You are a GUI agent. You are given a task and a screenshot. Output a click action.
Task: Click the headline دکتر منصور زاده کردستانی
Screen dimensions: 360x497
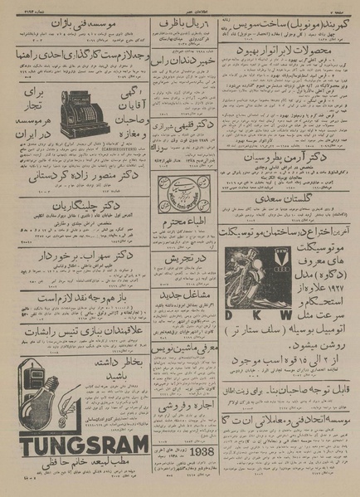73,176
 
